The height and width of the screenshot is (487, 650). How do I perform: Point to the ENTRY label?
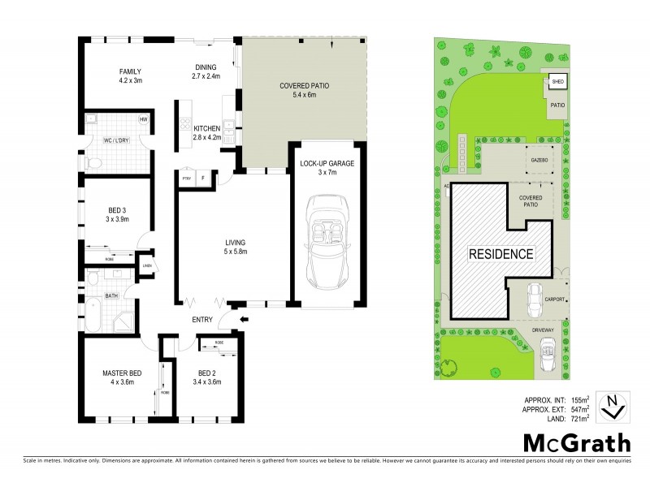click(x=202, y=320)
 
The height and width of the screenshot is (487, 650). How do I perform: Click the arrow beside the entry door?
click(x=246, y=320)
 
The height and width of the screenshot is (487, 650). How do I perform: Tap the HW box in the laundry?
click(x=143, y=120)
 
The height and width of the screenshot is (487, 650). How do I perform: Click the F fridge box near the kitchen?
click(x=203, y=179)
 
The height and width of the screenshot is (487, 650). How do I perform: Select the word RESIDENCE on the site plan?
click(x=500, y=253)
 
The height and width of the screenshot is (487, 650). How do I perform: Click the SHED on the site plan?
click(x=557, y=82)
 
